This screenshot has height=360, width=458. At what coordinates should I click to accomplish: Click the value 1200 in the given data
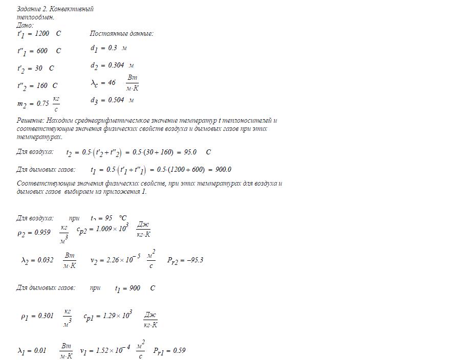[43, 34]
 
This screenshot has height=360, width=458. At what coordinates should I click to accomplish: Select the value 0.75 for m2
[43, 103]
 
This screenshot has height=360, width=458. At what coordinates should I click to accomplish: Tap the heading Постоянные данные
[121, 34]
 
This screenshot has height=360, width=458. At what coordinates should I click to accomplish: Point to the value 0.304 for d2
[115, 65]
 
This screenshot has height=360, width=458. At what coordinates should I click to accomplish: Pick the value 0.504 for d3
[115, 100]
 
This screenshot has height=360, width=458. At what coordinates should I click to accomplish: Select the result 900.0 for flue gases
[222, 170]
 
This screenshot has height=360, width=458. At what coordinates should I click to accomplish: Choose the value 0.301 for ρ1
[45, 316]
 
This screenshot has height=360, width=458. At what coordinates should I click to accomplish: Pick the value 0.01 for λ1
[39, 351]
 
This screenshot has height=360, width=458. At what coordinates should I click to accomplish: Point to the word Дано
[24, 25]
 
